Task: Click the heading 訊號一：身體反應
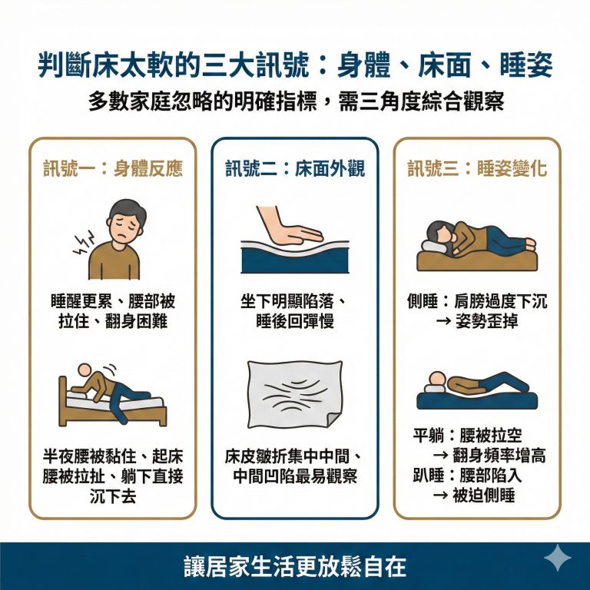pos(113,169)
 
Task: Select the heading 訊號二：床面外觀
pos(295,169)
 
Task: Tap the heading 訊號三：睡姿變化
pos(477,169)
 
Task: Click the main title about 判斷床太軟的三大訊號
pos(295,67)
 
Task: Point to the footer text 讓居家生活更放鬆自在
pos(295,567)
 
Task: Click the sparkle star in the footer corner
pos(555,559)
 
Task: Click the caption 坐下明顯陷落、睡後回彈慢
pos(295,311)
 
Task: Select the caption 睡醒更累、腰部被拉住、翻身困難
pos(113,311)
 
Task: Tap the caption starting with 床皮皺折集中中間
pos(295,466)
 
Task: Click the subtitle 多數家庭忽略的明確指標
pos(295,102)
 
